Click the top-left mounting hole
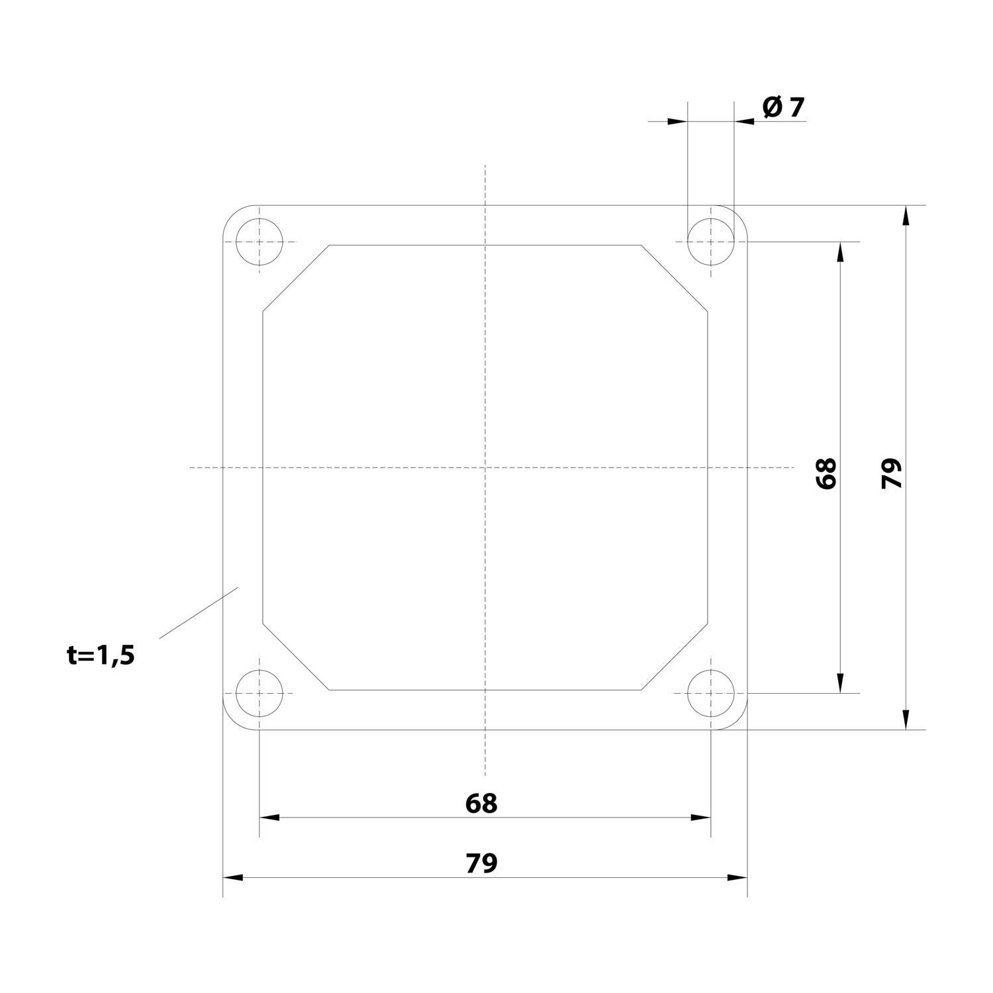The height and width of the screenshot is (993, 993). coord(259,242)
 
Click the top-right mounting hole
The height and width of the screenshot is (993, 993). coord(711,242)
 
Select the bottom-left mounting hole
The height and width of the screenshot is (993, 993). coord(259,693)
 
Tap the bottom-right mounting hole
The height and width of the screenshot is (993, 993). coord(711,693)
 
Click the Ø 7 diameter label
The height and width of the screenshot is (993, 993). coord(784,107)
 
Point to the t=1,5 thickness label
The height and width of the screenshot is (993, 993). coord(101,655)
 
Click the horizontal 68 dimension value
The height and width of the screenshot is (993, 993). coord(481,803)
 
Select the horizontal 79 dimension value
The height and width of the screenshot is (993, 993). coord(481,863)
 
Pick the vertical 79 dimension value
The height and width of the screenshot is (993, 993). coord(892,473)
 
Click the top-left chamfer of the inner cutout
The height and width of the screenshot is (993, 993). coord(296,278)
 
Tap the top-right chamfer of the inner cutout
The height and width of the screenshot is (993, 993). coord(675,278)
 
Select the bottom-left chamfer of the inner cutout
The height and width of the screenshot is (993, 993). coord(296,657)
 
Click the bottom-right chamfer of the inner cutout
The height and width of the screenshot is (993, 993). coord(675,657)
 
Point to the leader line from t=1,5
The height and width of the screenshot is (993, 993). coord(199,612)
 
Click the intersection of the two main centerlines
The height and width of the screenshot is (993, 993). coord(485,467)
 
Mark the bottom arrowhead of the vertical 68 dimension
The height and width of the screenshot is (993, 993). coord(840,683)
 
